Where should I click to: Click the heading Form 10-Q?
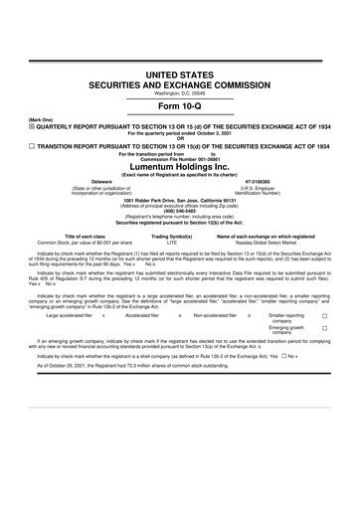coord(179,107)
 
